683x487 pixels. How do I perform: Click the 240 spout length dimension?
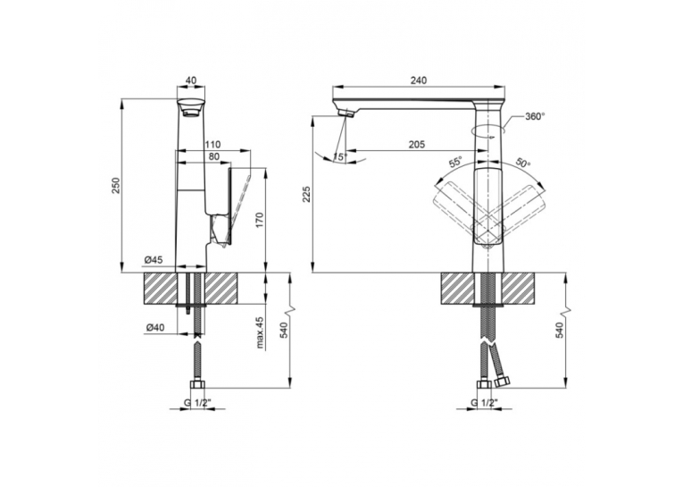pos(418,80)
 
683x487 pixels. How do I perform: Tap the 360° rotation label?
pos(535,116)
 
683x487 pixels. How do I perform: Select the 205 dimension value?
pos(417,145)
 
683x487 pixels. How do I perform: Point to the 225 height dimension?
pos(306,195)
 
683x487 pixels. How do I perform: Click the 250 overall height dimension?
pos(116,186)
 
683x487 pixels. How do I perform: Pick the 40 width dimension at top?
pos(191,80)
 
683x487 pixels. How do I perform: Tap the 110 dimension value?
pos(212,145)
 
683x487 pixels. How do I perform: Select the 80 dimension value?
pos(213,156)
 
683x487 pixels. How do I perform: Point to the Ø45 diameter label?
pos(154,260)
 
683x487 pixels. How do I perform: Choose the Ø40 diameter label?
pos(155,328)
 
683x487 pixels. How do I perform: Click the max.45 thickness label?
pos(261,333)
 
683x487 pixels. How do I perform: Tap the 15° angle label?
pos(340,157)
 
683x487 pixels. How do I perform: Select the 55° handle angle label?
pos(456,163)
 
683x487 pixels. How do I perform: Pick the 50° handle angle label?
pos(523,163)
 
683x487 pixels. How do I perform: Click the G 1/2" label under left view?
pos(197,403)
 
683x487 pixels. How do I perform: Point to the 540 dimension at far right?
pos(560,330)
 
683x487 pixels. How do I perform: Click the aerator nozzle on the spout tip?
pos(347,113)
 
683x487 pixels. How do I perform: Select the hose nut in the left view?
pos(198,385)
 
